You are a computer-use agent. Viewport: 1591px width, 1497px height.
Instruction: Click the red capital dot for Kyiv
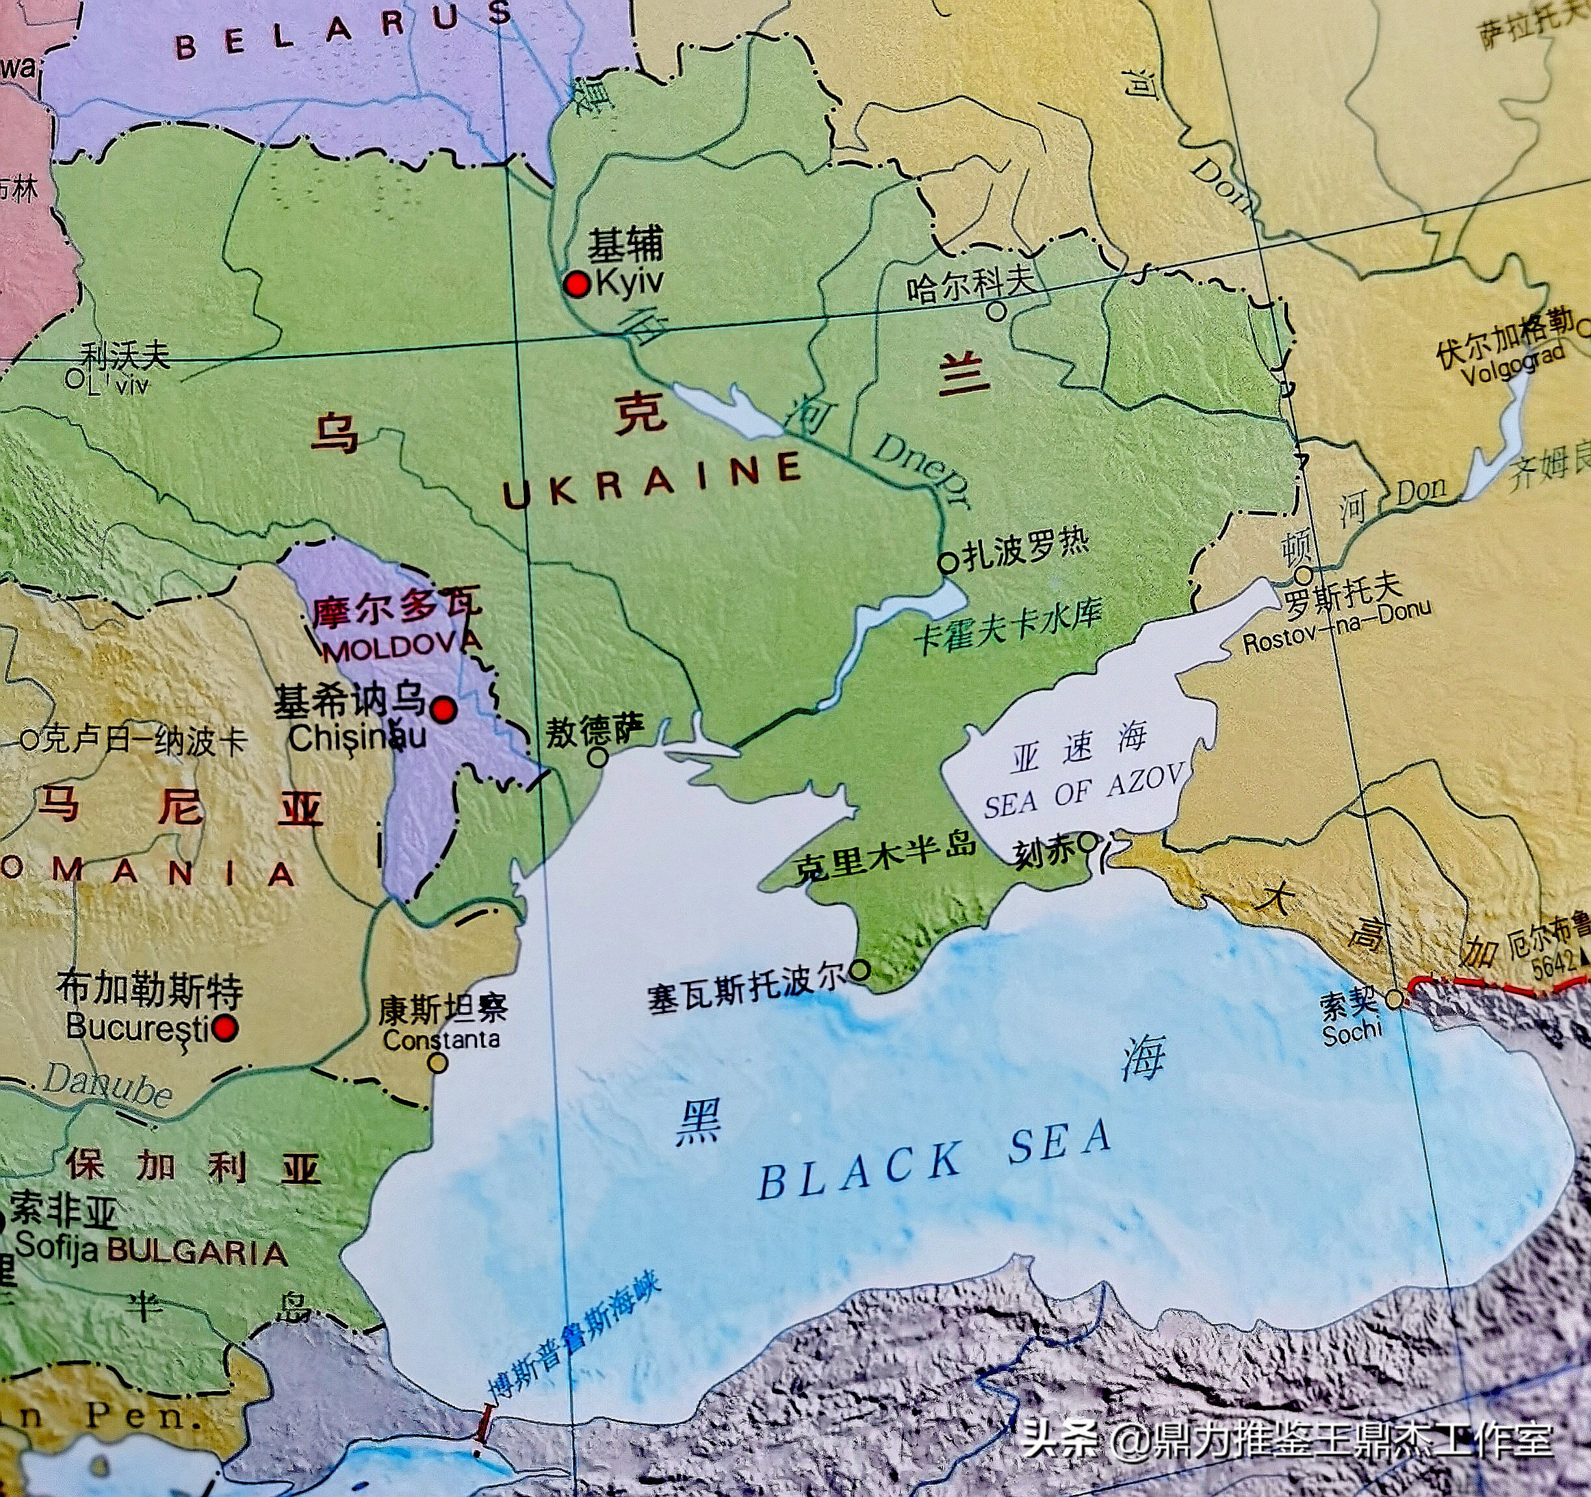[x=576, y=283]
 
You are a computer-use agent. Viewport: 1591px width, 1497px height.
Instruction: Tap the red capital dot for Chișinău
[x=443, y=709]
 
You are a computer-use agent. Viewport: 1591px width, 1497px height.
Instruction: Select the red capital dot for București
[x=226, y=1028]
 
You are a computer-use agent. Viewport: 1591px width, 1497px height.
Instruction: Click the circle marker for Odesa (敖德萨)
[x=598, y=757]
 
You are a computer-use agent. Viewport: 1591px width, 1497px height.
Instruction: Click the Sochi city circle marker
[x=1395, y=999]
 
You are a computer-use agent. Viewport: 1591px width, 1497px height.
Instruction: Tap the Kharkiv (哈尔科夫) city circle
[x=996, y=311]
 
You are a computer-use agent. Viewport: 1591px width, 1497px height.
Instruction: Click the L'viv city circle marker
[x=75, y=378]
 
